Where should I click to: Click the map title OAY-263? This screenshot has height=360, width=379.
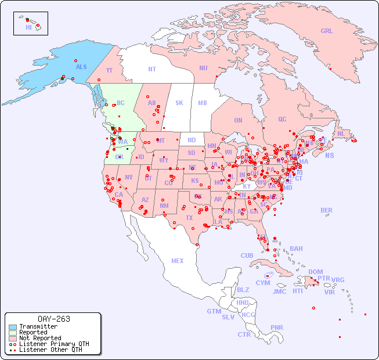53,319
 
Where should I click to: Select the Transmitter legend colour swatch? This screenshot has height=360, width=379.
13,326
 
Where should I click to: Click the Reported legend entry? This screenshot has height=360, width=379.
33,332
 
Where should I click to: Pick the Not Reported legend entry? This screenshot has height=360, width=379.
39,338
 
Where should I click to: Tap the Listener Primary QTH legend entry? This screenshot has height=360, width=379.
53,344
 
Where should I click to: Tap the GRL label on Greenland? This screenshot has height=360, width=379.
327,31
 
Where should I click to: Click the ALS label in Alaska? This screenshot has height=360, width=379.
81,67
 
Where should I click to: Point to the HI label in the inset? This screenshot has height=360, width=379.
28,27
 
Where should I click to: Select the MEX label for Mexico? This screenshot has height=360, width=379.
178,261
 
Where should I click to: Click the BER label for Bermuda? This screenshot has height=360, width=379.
326,210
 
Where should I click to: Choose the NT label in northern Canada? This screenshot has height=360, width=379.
152,69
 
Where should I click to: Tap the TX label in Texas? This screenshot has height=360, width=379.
189,218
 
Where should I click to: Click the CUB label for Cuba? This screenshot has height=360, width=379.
247,255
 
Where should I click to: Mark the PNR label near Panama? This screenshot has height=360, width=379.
277,327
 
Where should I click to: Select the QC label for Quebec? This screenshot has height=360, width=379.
282,119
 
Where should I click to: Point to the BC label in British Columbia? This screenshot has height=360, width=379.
121,103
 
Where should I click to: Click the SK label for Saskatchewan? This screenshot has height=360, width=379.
179,103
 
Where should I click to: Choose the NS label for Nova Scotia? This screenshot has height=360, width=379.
329,155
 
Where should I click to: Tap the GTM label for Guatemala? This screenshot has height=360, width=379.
214,311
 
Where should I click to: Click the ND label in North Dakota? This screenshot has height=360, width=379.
192,140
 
